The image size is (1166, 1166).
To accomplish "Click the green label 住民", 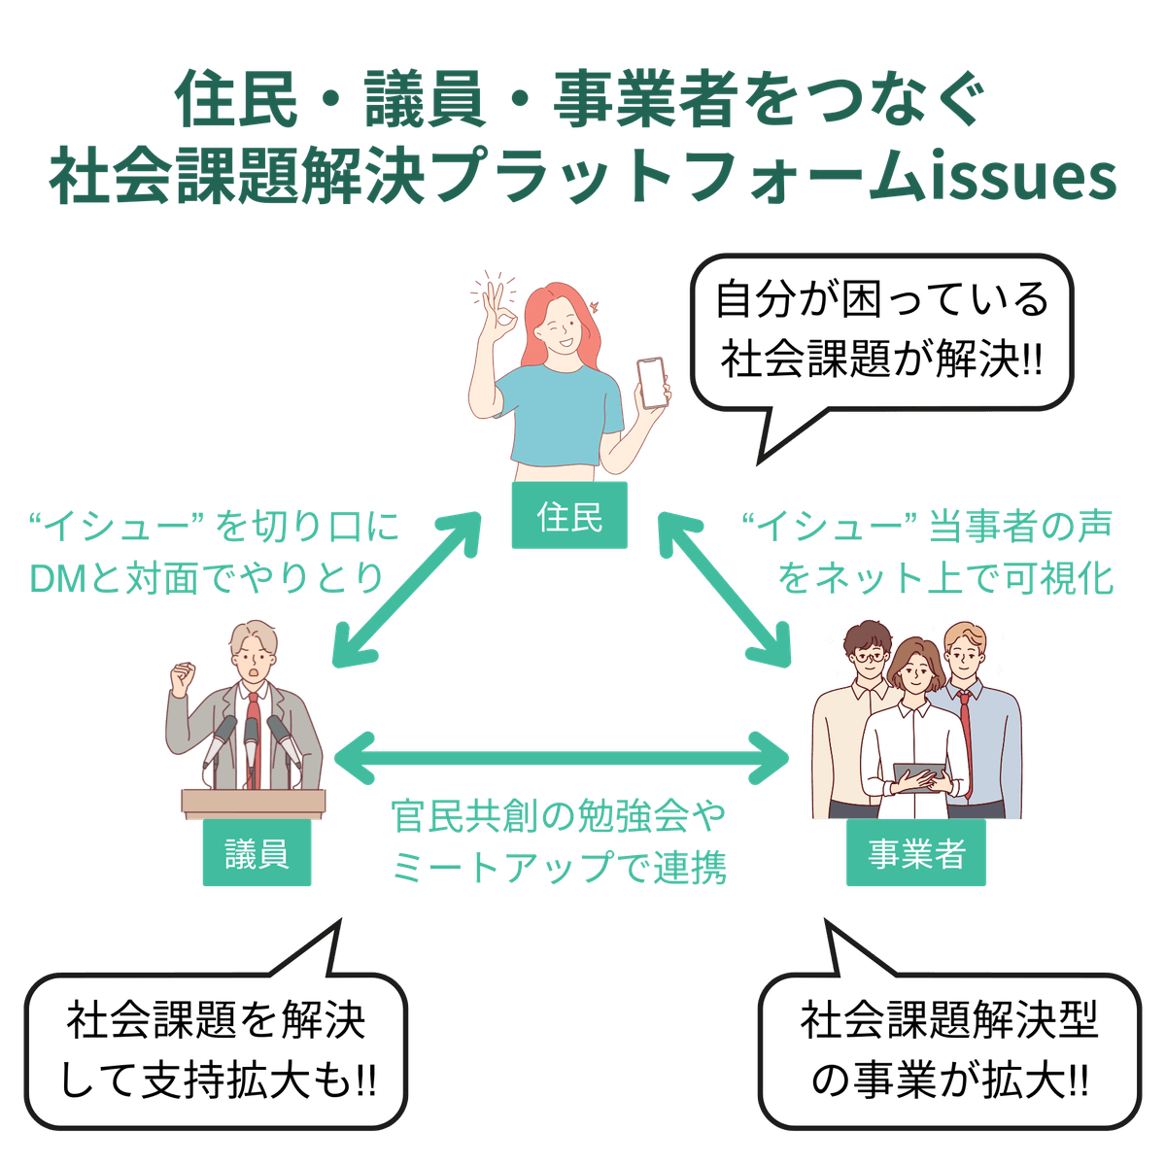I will [x=570, y=517].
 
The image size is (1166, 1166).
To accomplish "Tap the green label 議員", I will [x=257, y=855].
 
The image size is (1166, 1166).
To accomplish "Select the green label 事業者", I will [x=916, y=855].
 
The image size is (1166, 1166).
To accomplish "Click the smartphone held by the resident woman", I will [x=653, y=383].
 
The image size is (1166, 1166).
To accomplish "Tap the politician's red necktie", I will [x=252, y=729].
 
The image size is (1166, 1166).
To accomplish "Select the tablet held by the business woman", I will [x=919, y=775].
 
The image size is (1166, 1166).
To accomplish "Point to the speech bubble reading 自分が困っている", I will [x=882, y=330].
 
